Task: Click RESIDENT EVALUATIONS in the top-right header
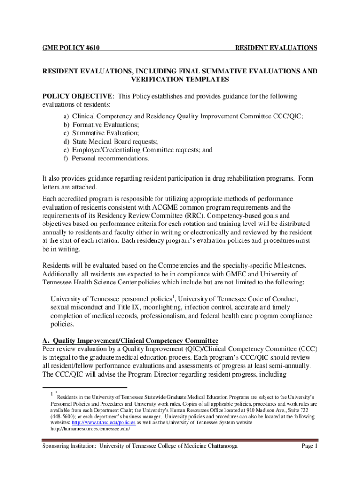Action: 276,48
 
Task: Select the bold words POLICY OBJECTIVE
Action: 78,96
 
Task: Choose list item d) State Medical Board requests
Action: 110,142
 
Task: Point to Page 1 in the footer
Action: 310,447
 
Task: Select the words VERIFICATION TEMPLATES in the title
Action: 180,80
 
